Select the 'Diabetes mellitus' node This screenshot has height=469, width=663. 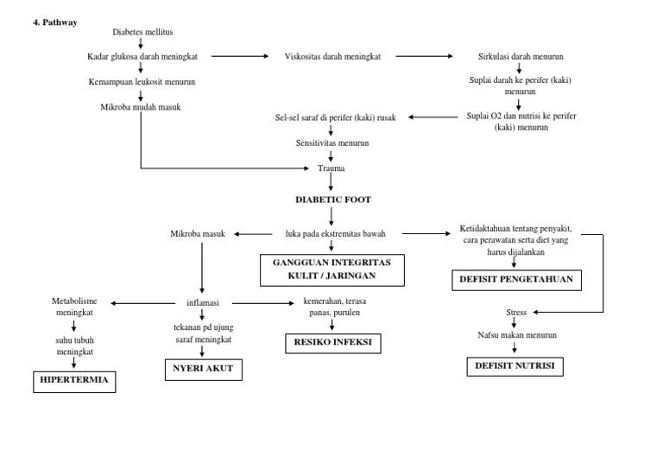tap(142, 32)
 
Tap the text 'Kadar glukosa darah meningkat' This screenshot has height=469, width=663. tap(142, 57)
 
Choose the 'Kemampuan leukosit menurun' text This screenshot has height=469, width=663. tap(142, 82)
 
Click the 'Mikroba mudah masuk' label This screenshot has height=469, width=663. tap(140, 107)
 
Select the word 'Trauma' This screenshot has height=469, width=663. tap(331, 168)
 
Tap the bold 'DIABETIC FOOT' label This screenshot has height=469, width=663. tap(333, 200)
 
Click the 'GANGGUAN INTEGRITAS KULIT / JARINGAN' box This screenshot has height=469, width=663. tap(331, 269)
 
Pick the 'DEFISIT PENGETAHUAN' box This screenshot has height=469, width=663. tap(516, 280)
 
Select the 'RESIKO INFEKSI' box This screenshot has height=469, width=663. tap(332, 343)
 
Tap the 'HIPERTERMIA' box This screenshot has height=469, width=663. tap(75, 380)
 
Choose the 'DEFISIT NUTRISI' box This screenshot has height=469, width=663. tap(515, 366)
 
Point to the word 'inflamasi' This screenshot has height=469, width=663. tap(202, 303)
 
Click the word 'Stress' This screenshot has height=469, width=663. tap(515, 312)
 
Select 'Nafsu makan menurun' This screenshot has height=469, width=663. tap(517, 334)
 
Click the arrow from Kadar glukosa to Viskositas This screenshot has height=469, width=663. tap(239, 57)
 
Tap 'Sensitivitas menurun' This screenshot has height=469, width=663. tap(331, 142)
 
